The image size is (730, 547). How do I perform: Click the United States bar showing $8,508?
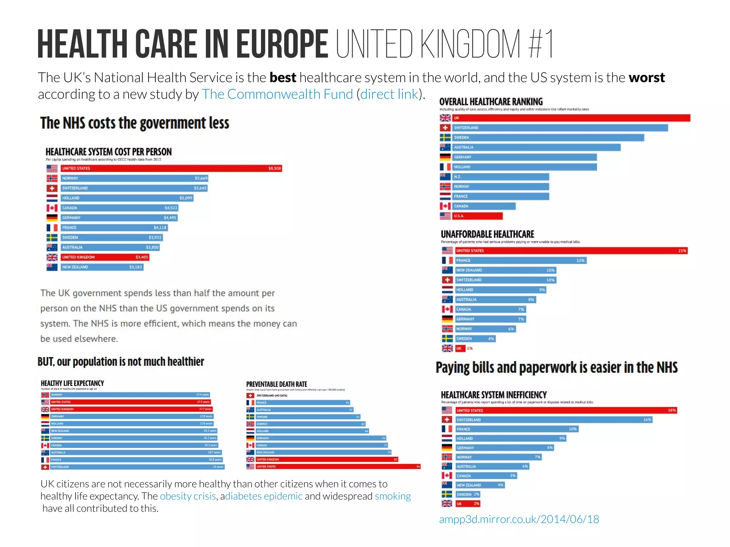(x=171, y=168)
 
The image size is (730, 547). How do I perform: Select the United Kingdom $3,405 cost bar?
(x=105, y=257)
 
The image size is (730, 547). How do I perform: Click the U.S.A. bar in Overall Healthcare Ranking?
(x=477, y=216)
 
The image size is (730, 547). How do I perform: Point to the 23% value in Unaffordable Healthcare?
(x=682, y=251)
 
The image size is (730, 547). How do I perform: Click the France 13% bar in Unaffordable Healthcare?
(x=520, y=260)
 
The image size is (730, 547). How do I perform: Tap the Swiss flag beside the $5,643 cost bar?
(x=52, y=188)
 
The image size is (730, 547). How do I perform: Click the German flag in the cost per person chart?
(x=52, y=218)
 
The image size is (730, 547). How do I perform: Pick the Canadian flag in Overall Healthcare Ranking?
(x=445, y=206)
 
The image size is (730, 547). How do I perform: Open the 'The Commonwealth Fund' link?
(x=277, y=94)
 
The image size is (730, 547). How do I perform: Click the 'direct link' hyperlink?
(x=389, y=94)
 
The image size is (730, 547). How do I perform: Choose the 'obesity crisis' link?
(x=188, y=496)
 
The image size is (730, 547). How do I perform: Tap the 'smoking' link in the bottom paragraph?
(x=393, y=496)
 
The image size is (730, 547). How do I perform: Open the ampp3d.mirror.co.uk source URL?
(x=519, y=519)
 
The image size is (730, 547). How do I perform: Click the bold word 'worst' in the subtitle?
(x=647, y=77)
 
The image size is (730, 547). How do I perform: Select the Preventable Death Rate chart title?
(x=277, y=384)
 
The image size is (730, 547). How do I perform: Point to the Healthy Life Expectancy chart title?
(x=72, y=383)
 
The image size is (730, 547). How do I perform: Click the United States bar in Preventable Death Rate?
(x=338, y=466)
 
